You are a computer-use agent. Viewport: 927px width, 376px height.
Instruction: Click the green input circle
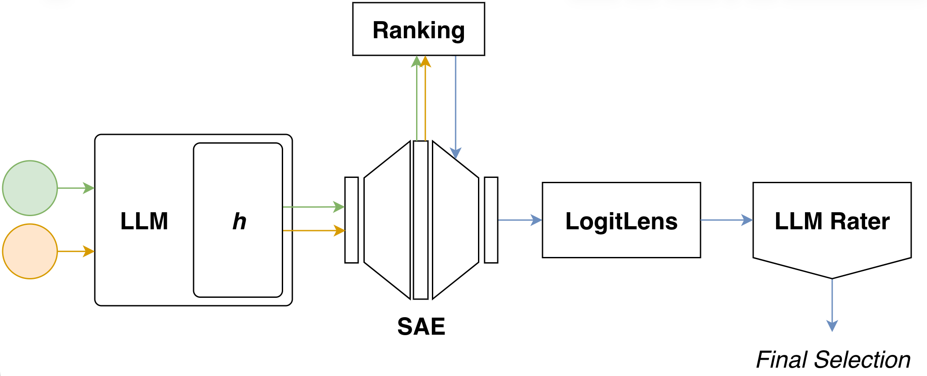click(30, 188)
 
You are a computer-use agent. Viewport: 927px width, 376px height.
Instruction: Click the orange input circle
click(30, 251)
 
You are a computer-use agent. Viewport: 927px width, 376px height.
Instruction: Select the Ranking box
click(418, 29)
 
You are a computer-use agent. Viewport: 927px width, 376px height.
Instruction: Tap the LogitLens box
click(621, 220)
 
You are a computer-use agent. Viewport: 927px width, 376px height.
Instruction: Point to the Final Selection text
click(833, 360)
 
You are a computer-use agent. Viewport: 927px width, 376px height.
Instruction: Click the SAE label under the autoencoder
click(421, 326)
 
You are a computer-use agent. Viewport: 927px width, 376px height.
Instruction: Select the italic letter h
click(239, 221)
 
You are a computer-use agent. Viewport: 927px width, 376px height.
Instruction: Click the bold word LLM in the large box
click(144, 221)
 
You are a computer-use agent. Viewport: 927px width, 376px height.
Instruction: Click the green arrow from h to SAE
click(313, 206)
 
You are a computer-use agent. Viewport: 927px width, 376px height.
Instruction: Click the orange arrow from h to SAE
click(313, 230)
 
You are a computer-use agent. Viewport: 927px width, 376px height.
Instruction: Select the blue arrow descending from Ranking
click(456, 105)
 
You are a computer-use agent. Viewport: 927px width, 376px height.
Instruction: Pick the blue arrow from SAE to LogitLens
click(520, 220)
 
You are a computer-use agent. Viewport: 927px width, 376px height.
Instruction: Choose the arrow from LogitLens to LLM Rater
click(726, 220)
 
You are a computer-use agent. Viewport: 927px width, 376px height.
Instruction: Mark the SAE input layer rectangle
click(352, 220)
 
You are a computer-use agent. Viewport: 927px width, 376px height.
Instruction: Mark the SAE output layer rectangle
click(491, 220)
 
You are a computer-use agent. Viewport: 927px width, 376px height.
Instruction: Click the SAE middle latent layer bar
click(420, 220)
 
